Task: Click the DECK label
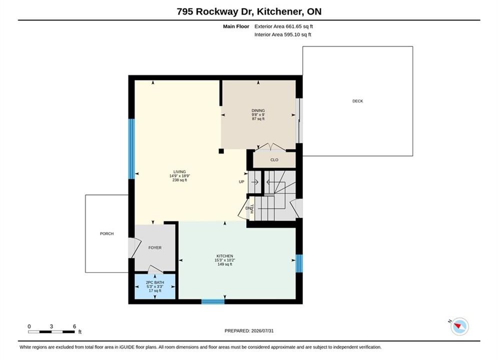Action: point(358,101)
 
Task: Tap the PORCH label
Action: point(107,234)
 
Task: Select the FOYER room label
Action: point(155,247)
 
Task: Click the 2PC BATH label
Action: point(155,282)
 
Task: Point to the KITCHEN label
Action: point(225,256)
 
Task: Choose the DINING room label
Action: point(258,110)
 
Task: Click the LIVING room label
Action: point(180,172)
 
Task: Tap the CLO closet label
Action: point(274,160)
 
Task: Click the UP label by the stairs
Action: point(242,181)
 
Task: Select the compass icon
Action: point(459,326)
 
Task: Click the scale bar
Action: point(52,332)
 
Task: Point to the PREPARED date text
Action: point(249,331)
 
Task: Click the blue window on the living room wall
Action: point(132,149)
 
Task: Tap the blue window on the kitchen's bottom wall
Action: point(213,301)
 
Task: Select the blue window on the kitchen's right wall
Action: point(299,263)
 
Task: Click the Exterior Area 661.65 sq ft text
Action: point(284,26)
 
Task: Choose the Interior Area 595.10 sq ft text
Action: point(283,34)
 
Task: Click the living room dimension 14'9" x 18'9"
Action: point(180,176)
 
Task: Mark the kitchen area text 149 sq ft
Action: point(225,264)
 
